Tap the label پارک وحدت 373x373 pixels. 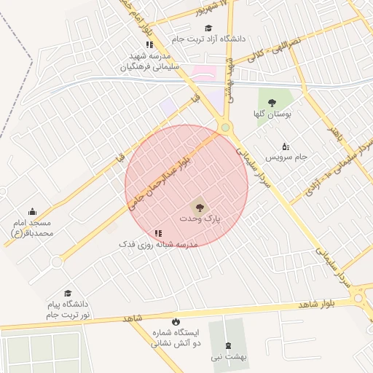point(200,219)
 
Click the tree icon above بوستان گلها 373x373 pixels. point(272,103)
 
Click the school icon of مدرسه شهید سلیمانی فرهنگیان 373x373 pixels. point(149,44)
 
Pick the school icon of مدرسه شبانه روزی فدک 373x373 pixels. point(138,233)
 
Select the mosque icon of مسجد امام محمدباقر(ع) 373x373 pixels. point(32,211)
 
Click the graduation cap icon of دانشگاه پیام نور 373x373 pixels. point(68,293)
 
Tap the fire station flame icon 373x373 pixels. point(175,321)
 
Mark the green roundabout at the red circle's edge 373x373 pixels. point(226,128)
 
